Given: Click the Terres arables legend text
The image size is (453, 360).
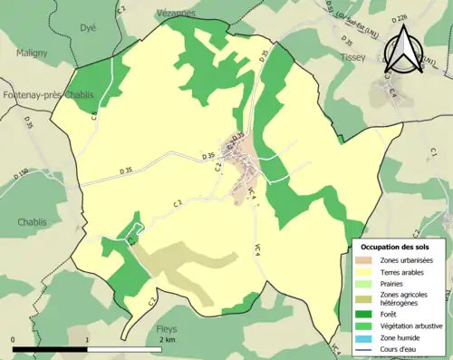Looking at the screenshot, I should click(408, 271).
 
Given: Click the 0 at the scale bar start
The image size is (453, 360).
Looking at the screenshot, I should click(14, 339).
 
